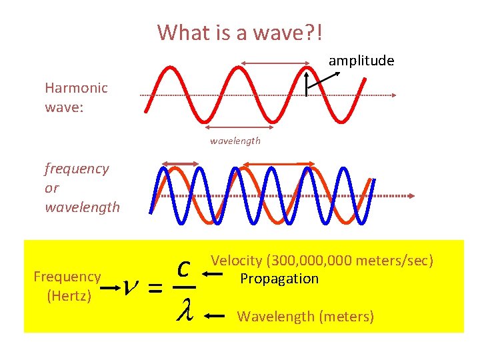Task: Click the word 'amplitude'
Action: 361,61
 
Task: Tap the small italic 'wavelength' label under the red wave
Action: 235,141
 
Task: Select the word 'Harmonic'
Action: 76,87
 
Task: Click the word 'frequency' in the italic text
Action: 77,169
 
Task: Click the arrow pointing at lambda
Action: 216,317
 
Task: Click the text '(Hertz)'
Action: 69,295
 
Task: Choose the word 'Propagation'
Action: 279,278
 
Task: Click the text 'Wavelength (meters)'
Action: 305,316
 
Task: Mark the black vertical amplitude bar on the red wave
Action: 306,84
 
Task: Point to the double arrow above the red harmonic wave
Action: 275,63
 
